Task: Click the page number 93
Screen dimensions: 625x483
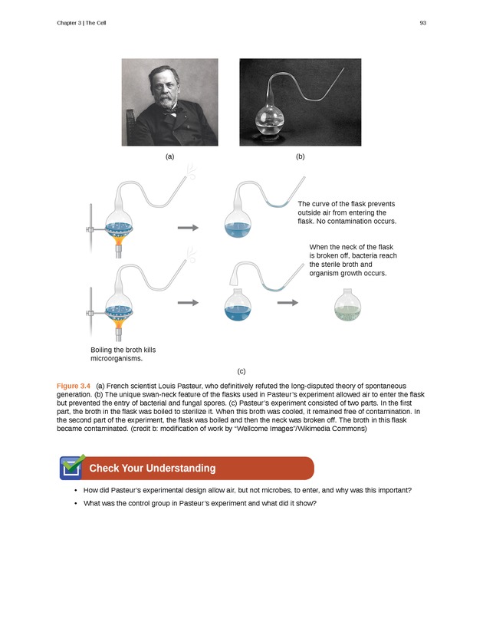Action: [x=422, y=23]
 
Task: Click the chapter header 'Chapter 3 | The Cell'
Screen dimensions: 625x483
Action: [x=81, y=23]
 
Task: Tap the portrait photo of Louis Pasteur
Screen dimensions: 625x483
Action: [x=169, y=102]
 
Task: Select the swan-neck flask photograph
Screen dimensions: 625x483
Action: [x=300, y=102]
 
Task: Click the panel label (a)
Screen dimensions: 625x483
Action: [x=169, y=156]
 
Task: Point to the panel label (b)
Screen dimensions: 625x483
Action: [x=300, y=156]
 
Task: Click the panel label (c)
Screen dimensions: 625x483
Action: [x=242, y=370]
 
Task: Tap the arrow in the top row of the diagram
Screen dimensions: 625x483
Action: [x=188, y=228]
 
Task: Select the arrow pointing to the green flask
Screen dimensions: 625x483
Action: [x=287, y=303]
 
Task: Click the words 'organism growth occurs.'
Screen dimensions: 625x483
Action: [x=348, y=273]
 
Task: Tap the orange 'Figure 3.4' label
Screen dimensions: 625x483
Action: [x=74, y=384]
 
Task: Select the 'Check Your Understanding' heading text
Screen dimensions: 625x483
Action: [x=153, y=469]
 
